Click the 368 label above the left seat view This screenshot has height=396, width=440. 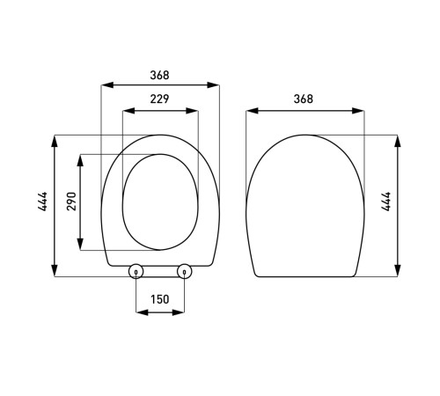point(159,76)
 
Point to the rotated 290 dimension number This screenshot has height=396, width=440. point(72,201)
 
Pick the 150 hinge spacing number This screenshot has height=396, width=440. point(159,299)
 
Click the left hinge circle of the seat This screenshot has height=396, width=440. point(136,272)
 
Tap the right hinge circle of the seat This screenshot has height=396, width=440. point(184,272)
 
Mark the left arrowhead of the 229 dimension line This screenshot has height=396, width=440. point(124,112)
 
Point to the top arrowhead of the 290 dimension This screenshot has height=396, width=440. point(82,158)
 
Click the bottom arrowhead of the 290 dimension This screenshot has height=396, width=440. point(82,246)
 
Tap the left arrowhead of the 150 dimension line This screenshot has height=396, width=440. point(138,311)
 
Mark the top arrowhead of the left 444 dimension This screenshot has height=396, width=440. point(56,137)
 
